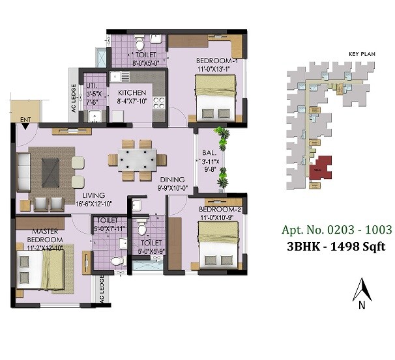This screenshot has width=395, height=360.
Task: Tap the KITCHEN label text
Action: pos(132,93)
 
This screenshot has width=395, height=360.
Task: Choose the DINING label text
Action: pos(172,180)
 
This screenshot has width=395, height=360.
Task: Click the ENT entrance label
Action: pos(25,119)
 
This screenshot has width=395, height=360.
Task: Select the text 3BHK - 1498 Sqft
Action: pos(334,246)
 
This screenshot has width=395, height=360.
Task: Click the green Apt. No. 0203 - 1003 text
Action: pos(336,230)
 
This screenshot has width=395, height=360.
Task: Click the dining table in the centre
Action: pos(138,159)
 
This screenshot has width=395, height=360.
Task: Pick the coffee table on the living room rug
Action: pos(50,169)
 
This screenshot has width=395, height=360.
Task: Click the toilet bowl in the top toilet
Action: pos(139,44)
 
